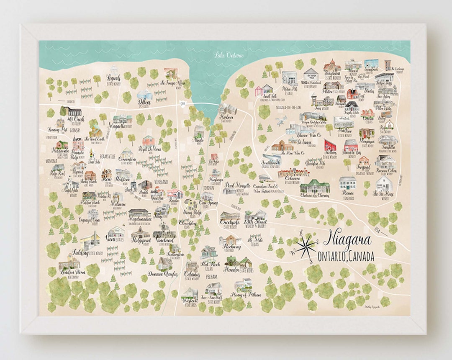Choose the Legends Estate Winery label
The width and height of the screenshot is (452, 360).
click(x=113, y=79)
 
